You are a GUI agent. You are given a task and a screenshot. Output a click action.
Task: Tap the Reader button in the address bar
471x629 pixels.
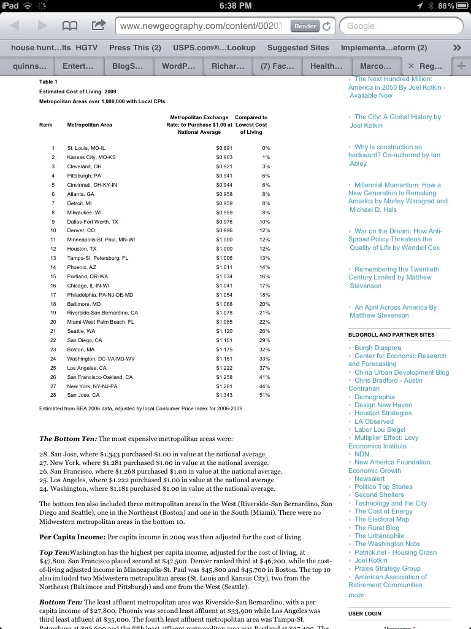[305, 26]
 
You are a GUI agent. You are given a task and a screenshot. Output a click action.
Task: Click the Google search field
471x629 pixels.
[402, 26]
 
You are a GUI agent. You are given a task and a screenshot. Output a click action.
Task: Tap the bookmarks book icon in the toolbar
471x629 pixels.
[69, 26]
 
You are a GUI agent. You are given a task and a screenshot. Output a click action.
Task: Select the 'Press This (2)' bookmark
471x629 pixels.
[135, 47]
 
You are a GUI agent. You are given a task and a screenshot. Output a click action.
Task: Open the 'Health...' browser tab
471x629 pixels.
[326, 66]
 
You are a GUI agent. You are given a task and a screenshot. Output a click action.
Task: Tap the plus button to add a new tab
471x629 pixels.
[461, 66]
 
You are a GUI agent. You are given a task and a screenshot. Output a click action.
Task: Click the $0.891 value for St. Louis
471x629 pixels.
[224, 148]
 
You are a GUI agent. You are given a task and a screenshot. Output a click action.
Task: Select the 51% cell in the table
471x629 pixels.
[265, 395]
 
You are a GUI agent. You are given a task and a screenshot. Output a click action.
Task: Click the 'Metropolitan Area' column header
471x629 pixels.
[90, 125]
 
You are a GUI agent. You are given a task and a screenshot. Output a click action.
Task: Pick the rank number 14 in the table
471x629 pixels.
[53, 267]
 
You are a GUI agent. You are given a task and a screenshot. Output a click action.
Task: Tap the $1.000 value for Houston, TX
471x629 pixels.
[224, 249]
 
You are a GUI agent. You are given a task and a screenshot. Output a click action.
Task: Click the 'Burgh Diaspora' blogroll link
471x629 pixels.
[377, 348]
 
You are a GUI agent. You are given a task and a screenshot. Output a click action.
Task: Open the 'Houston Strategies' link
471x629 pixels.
[383, 413]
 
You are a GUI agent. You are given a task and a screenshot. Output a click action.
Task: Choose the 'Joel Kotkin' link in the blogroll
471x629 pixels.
[370, 560]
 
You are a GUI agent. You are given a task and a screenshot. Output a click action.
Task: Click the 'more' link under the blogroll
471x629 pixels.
[356, 595]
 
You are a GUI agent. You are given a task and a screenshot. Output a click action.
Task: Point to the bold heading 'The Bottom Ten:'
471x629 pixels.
[67, 439]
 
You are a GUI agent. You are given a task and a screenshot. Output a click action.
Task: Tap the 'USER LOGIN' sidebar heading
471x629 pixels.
[364, 614]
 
